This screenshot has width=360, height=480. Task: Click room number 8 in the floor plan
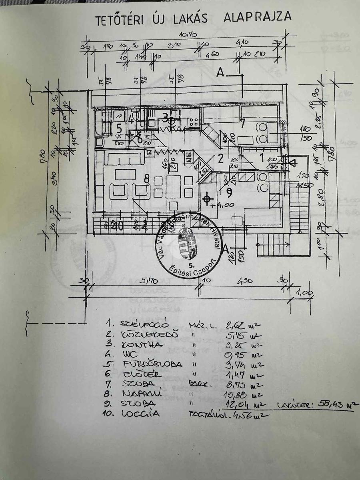(147, 179)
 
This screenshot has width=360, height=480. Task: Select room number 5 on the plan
(118, 128)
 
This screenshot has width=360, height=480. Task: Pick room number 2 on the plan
(220, 158)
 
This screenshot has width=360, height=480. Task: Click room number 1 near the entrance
(262, 157)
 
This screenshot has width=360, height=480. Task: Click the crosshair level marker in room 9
(207, 199)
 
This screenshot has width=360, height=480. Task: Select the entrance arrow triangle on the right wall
(293, 163)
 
